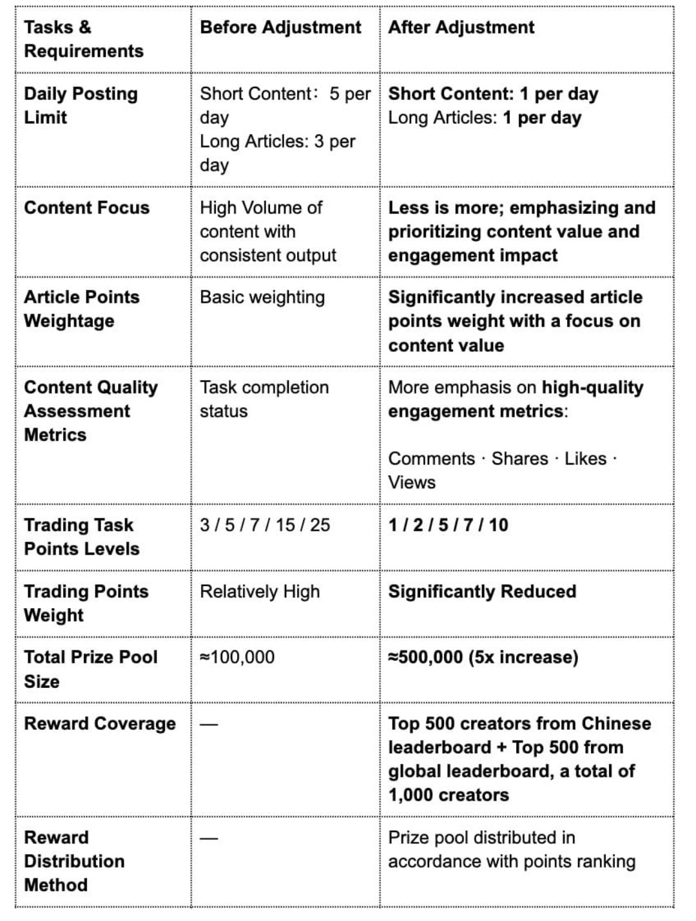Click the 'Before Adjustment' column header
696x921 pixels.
[x=280, y=28]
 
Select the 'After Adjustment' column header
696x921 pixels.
[x=461, y=28]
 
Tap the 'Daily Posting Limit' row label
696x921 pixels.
[x=81, y=106]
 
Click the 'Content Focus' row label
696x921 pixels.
[x=86, y=207]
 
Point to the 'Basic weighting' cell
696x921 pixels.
[x=262, y=298]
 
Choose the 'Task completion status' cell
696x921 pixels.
[x=264, y=399]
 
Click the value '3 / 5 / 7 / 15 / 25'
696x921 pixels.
[x=265, y=525]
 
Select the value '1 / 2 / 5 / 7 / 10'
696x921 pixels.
[x=448, y=525]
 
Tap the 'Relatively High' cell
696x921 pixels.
[x=260, y=591]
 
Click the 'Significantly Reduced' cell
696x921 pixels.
[x=482, y=591]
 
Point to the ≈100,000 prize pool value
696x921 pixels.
[x=237, y=657]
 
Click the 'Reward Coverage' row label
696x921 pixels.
[x=100, y=723]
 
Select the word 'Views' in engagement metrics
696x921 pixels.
[x=412, y=482]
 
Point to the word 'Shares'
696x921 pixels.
[x=519, y=459]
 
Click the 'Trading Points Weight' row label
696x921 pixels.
[x=86, y=603]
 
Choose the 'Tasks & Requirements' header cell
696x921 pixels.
[x=83, y=39]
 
